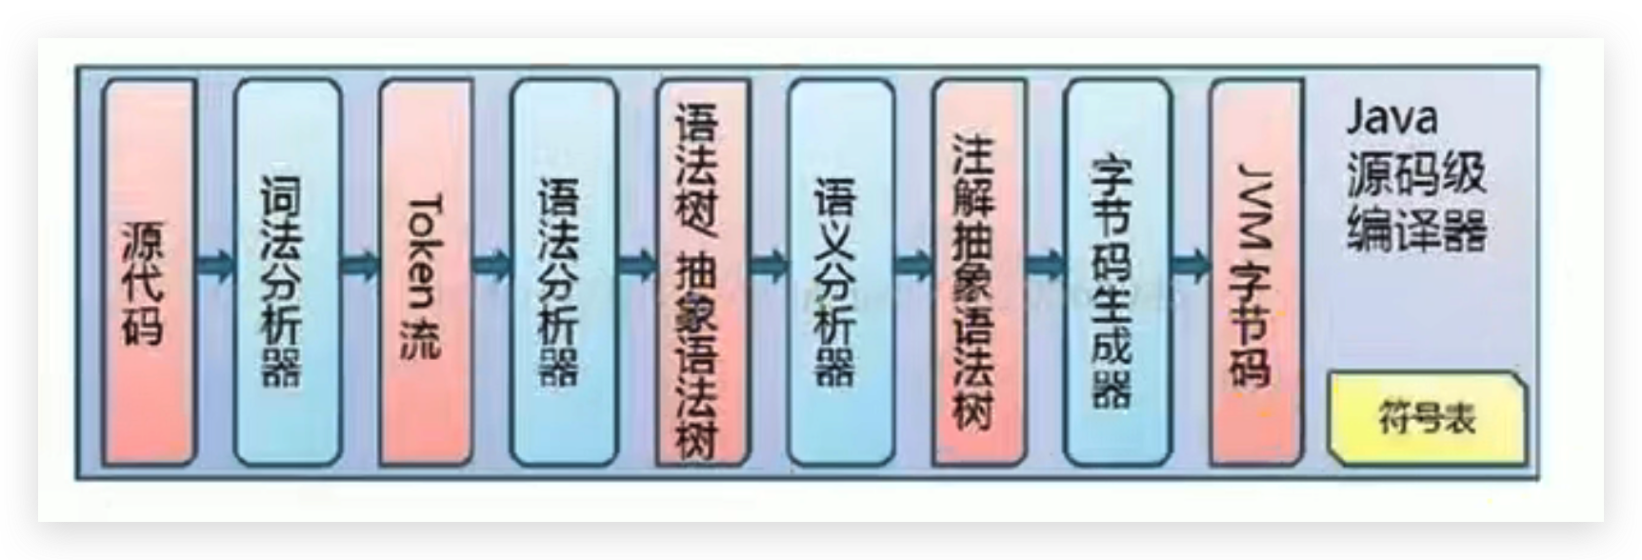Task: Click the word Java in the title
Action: [1391, 118]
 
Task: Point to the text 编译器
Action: [1416, 230]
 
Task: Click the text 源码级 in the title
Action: [1416, 173]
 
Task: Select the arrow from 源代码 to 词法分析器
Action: [215, 264]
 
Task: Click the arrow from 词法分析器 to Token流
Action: [359, 264]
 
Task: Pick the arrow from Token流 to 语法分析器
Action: [491, 264]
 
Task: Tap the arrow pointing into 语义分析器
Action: [770, 264]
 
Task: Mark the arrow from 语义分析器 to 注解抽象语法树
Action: [913, 264]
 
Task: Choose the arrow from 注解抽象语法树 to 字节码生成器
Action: [1045, 264]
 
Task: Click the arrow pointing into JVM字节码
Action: [1190, 264]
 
